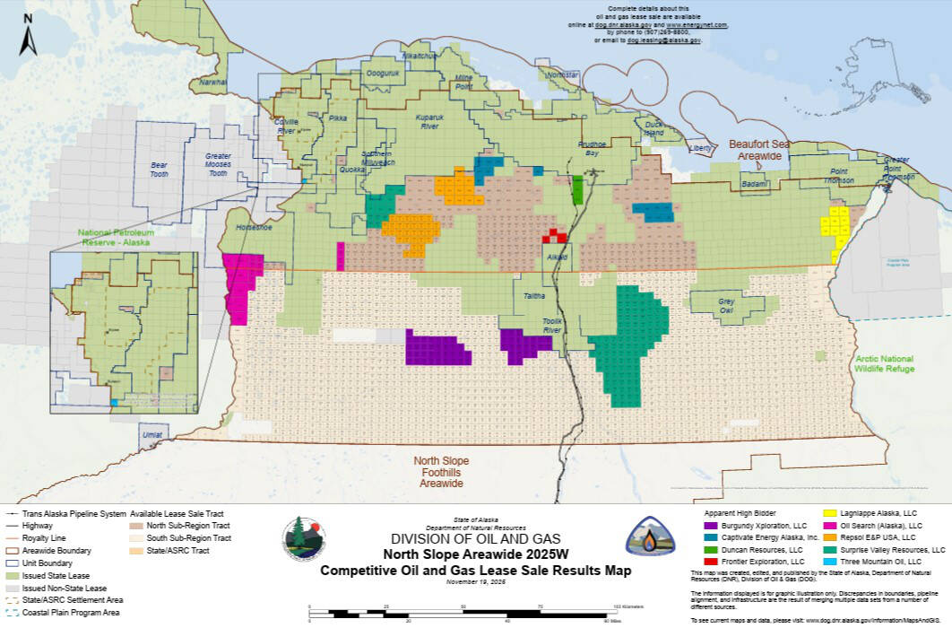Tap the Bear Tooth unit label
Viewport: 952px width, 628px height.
(x=159, y=170)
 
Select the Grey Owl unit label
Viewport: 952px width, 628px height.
(x=726, y=307)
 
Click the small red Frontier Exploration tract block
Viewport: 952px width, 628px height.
(x=556, y=236)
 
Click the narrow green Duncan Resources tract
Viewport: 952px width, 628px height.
(x=577, y=189)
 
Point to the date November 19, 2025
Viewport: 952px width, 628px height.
(x=475, y=582)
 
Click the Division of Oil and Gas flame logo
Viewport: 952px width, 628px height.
(x=651, y=537)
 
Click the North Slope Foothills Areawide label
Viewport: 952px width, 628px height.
(x=440, y=471)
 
